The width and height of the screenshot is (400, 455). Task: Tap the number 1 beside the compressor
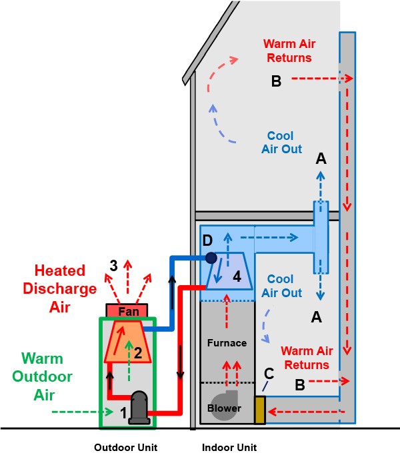(x=123, y=413)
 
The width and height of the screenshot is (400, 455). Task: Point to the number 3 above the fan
(x=114, y=265)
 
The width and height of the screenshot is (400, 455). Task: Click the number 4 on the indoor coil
(x=237, y=274)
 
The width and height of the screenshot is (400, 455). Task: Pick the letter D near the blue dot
(x=207, y=239)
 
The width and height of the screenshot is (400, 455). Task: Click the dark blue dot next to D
(x=211, y=257)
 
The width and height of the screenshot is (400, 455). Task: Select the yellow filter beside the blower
(x=259, y=410)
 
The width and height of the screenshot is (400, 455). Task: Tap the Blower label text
(x=225, y=408)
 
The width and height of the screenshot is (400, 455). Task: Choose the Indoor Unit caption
(x=229, y=447)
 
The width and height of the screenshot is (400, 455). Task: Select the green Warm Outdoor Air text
(x=44, y=376)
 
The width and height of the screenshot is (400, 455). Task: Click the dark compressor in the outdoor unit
(x=140, y=407)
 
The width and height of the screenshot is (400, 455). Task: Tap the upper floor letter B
(x=277, y=81)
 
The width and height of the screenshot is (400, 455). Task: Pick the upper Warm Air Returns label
(x=289, y=51)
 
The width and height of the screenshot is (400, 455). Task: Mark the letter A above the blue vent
(x=321, y=159)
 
